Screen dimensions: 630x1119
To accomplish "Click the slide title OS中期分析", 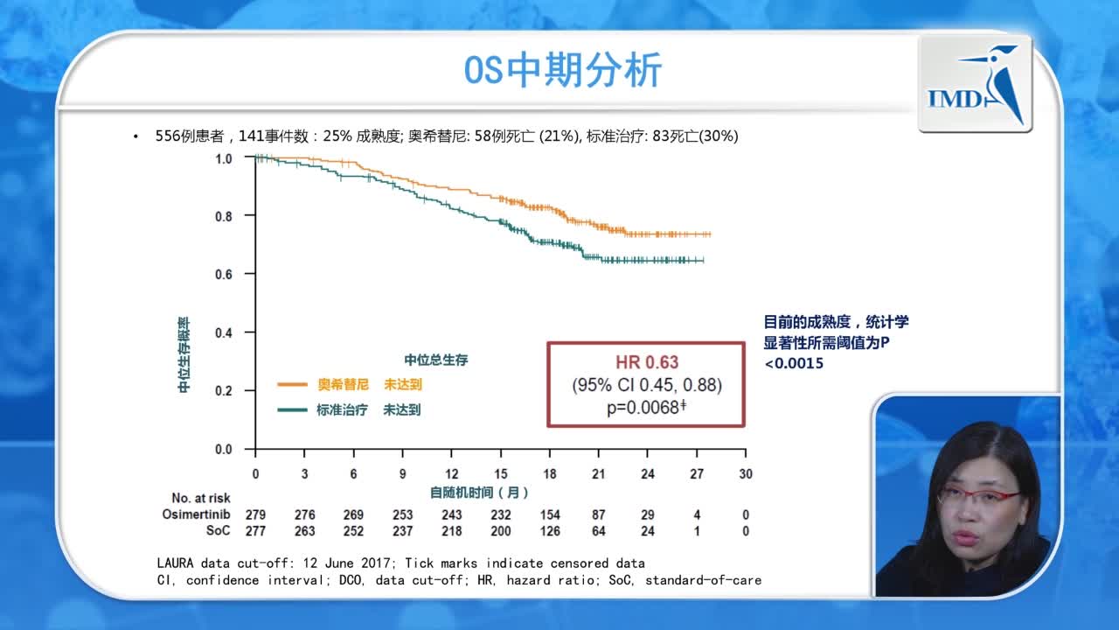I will [x=562, y=71].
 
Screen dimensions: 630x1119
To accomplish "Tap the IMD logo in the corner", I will [x=975, y=85].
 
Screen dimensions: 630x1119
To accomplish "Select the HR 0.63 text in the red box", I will [x=646, y=362].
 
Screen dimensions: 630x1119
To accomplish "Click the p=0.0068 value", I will [x=646, y=407].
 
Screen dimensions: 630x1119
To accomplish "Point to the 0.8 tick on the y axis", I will [x=224, y=215].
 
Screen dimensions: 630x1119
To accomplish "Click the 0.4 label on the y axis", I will [x=224, y=332].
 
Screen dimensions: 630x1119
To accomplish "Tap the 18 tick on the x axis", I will [x=549, y=473].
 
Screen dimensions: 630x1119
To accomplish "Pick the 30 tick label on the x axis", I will [x=745, y=473].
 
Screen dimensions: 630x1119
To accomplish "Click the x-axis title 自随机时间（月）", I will [x=479, y=493].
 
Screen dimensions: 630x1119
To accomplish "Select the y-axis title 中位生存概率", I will [x=184, y=354].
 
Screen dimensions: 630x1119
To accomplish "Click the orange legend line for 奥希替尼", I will [x=292, y=384].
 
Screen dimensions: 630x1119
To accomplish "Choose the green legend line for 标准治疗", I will [x=292, y=409].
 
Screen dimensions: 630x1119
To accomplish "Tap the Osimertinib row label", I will [x=197, y=514].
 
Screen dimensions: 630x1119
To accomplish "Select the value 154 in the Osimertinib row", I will [x=549, y=514].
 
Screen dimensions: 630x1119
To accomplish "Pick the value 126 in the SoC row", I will [x=549, y=530].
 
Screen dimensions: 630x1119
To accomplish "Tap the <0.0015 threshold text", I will [x=794, y=363].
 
